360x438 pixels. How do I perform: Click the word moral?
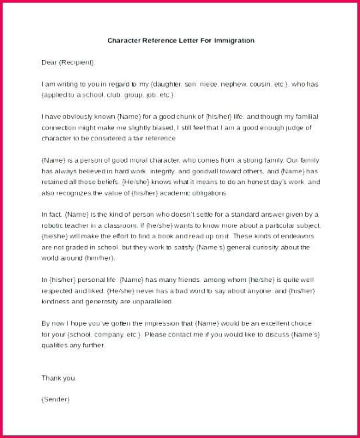[x=145, y=160]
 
